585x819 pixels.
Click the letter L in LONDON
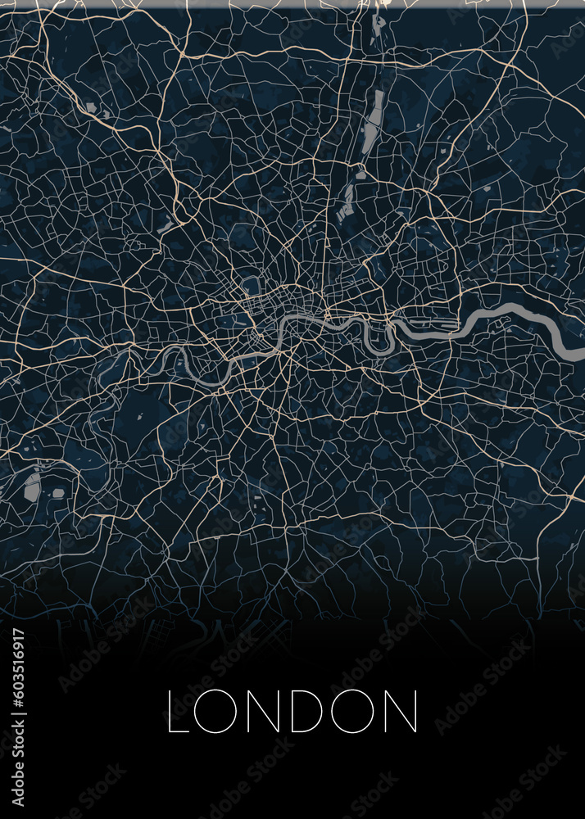pos(179,711)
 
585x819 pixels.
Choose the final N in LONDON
pos(402,711)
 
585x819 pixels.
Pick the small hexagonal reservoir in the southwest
pos(58,493)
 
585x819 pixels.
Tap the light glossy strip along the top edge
pos(292,3)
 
